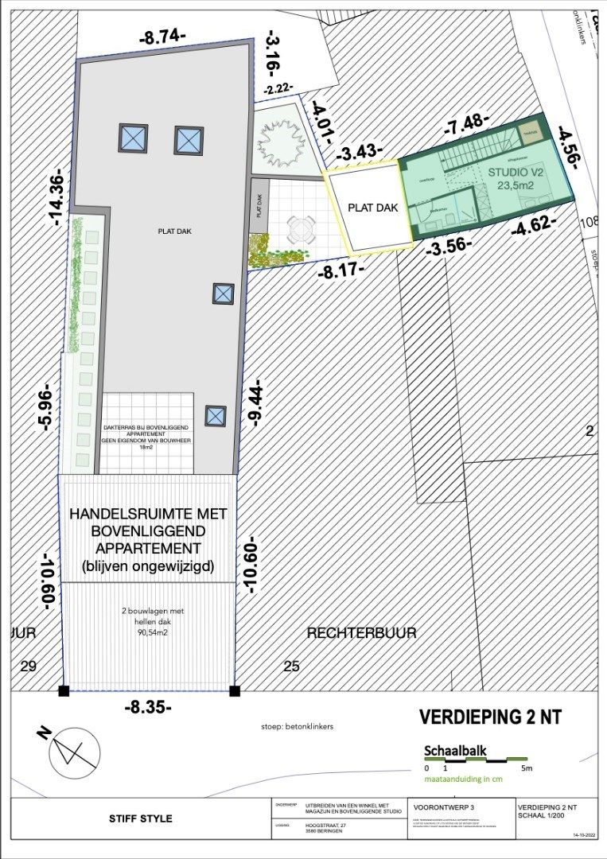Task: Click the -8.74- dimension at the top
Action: click(162, 36)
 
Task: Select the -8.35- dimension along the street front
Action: click(148, 706)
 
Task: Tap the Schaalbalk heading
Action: click(456, 749)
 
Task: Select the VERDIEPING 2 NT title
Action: click(490, 717)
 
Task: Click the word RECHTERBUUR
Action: click(362, 632)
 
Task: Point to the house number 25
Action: click(292, 666)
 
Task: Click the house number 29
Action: click(28, 666)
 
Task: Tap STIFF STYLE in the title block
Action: click(140, 818)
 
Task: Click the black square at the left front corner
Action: click(64, 690)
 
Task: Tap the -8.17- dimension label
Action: click(340, 270)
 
